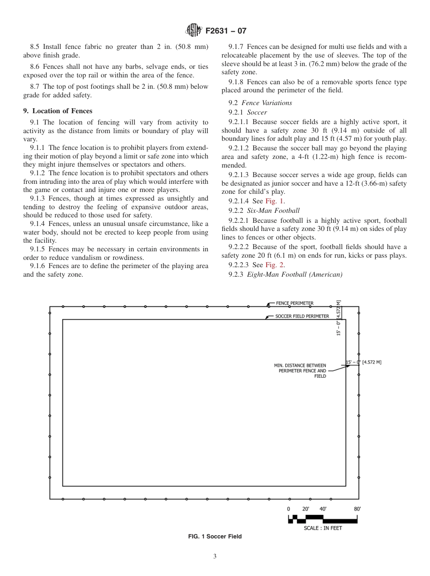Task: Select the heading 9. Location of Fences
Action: pos(57,111)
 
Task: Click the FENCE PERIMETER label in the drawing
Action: pos(295,303)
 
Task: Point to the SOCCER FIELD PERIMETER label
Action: pos(302,316)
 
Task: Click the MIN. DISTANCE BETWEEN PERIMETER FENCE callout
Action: pos(300,370)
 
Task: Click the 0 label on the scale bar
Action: pos(288,509)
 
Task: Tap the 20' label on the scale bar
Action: pos(306,509)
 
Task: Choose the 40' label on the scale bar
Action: pos(323,509)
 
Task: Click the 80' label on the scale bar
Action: pos(357,509)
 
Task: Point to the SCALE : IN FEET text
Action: pos(323,528)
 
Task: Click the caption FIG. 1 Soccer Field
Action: pos(215,537)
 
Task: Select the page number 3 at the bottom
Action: pos(215,557)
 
